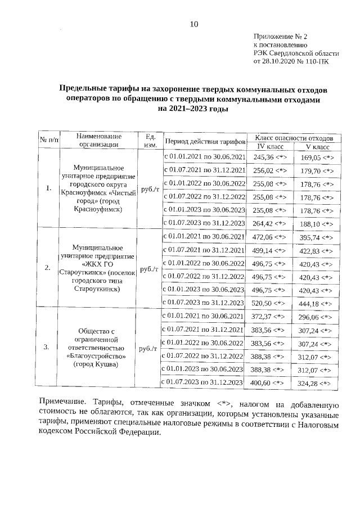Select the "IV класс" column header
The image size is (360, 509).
pyautogui.click(x=267, y=146)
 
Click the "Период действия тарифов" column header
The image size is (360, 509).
pyautogui.click(x=205, y=141)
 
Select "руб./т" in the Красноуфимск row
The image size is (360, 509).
pyautogui.click(x=150, y=190)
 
